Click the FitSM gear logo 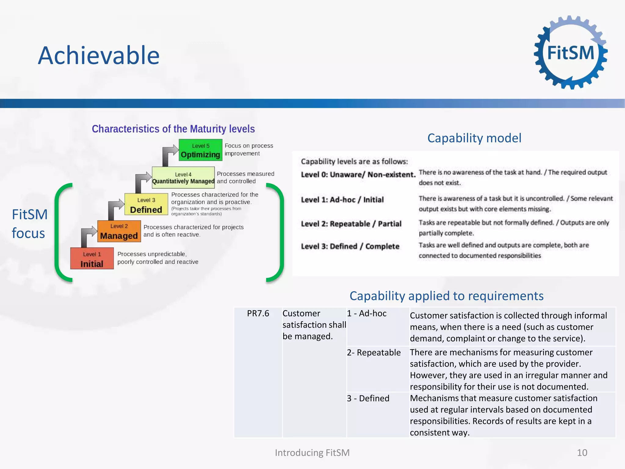[570, 53]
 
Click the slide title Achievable [99, 56]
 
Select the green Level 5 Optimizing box [200, 150]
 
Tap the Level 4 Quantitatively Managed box [183, 177]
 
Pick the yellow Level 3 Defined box [146, 204]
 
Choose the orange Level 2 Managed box [119, 231]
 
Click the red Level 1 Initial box [92, 258]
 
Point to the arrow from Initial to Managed [87, 235]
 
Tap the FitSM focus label [29, 224]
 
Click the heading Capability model [474, 138]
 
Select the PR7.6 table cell [258, 314]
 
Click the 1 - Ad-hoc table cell [367, 314]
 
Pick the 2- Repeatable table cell [374, 353]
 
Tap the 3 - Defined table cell [368, 398]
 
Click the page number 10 [582, 453]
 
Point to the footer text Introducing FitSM [312, 453]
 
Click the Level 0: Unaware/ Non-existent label [358, 175]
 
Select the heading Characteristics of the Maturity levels [173, 129]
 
